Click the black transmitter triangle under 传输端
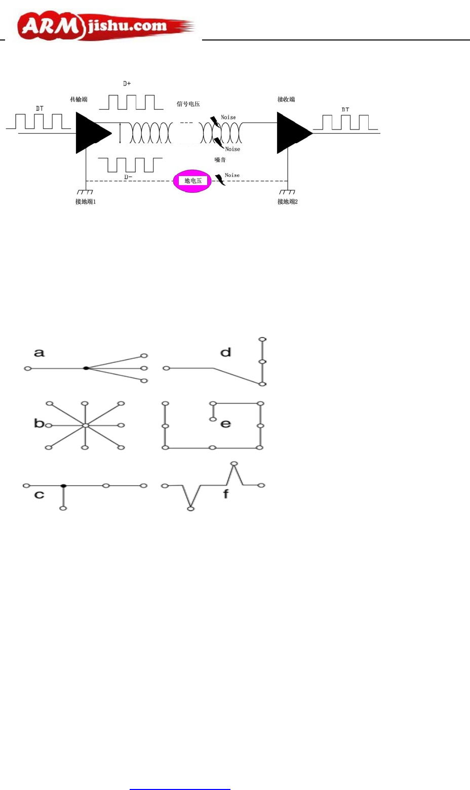coord(91,133)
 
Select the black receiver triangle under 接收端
coord(292,133)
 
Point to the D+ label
coord(127,84)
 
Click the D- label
coord(128,177)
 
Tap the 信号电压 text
coord(188,104)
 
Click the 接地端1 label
coord(85,201)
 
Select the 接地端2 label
coord(287,201)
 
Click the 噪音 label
coord(220,160)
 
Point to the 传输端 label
coord(79,99)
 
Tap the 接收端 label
coord(286,99)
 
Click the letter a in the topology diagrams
coord(39,353)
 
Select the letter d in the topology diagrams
coord(226,352)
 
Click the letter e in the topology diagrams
coord(226,424)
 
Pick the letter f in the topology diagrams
coord(226,493)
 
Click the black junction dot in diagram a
coord(86,368)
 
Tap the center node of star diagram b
coord(85,426)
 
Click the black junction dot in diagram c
coord(63,486)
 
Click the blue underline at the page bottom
coord(180,789)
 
